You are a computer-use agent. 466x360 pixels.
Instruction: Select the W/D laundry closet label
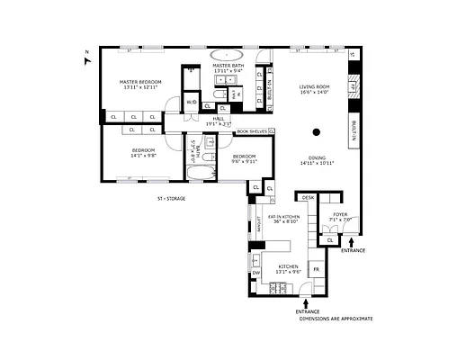click(191, 103)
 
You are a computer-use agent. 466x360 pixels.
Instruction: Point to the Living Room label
click(315, 87)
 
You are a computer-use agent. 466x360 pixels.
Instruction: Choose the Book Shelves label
click(252, 131)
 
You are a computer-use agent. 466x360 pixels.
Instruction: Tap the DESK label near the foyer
click(308, 197)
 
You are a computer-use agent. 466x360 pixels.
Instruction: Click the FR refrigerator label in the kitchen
click(315, 268)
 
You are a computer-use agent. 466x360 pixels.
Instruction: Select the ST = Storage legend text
click(171, 198)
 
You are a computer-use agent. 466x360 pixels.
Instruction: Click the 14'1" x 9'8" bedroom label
click(144, 154)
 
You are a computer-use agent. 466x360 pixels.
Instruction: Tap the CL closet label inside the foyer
click(330, 239)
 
